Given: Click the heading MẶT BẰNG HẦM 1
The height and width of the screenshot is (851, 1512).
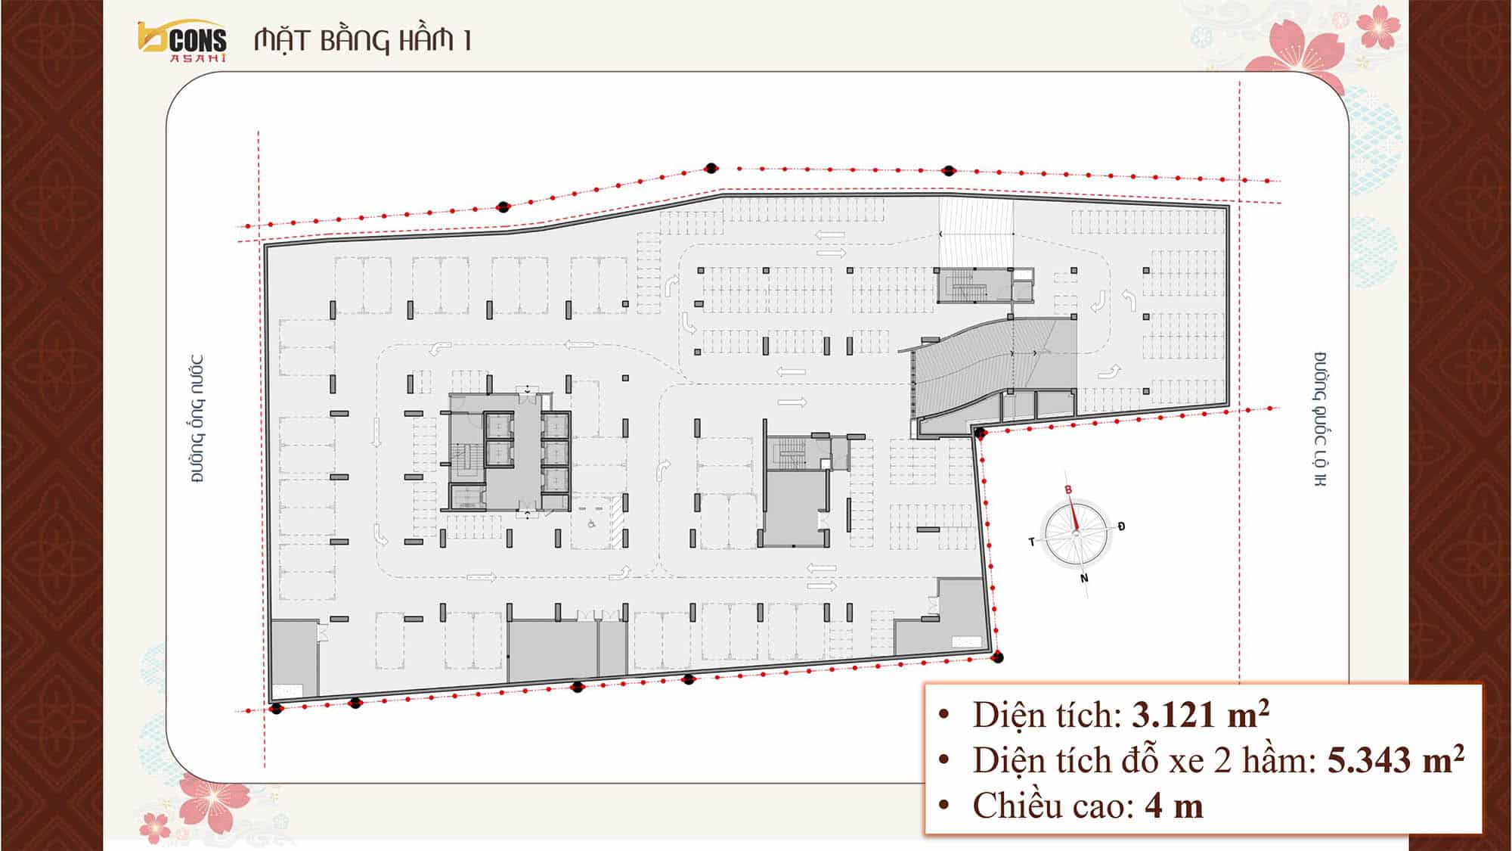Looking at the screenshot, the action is (363, 40).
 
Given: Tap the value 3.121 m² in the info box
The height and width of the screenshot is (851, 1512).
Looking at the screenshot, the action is (1201, 714).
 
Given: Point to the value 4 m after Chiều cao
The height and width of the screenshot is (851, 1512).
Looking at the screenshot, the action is (1173, 806).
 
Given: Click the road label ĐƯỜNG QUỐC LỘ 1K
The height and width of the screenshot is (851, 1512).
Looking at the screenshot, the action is (1320, 419).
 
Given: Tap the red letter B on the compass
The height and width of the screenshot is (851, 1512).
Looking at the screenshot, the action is (1068, 490).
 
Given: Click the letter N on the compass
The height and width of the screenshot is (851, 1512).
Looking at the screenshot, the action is (1084, 579).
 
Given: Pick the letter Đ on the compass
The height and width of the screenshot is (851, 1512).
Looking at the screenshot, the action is (1121, 526).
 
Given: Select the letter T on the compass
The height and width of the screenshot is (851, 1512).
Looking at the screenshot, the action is (1031, 542).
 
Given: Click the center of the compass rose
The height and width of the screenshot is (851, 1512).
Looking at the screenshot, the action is (1076, 534).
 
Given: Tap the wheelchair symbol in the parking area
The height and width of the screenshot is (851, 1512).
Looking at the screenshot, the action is (592, 522).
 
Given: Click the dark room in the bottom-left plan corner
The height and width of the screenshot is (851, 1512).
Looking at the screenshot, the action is (294, 658).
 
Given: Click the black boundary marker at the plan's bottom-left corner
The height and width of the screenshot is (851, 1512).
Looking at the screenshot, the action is (277, 708).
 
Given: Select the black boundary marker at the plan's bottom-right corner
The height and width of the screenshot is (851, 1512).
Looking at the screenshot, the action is (998, 657).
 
